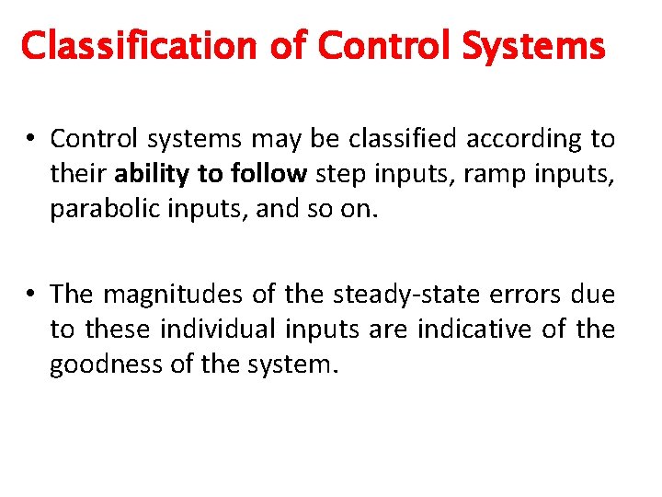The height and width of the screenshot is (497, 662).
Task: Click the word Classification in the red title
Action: click(x=122, y=44)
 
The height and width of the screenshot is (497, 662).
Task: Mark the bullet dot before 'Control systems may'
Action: click(x=30, y=140)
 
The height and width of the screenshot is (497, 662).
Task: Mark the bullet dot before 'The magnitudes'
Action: click(x=30, y=295)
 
